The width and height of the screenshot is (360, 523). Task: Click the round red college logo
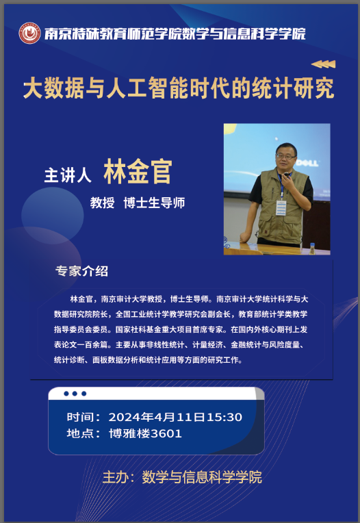click(x=29, y=33)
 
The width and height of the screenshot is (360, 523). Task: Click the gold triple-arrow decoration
click(x=323, y=64)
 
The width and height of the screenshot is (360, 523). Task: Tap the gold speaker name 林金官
click(x=138, y=171)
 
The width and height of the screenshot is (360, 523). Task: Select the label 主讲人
click(x=68, y=175)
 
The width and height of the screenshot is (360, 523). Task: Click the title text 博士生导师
click(x=154, y=203)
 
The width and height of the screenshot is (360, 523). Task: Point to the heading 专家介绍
click(x=81, y=271)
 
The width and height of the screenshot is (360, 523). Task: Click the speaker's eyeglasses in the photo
click(x=285, y=156)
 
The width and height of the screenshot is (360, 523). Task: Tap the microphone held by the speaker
click(x=286, y=175)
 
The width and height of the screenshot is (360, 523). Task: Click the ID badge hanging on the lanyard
click(x=281, y=208)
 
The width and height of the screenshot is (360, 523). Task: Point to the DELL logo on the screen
click(x=307, y=163)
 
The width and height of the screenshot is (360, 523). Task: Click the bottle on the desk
click(x=312, y=248)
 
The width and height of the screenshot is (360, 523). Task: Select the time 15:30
click(x=224, y=417)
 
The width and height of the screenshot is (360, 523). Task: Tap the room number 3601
click(x=166, y=433)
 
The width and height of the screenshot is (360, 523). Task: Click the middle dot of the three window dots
click(x=75, y=394)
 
